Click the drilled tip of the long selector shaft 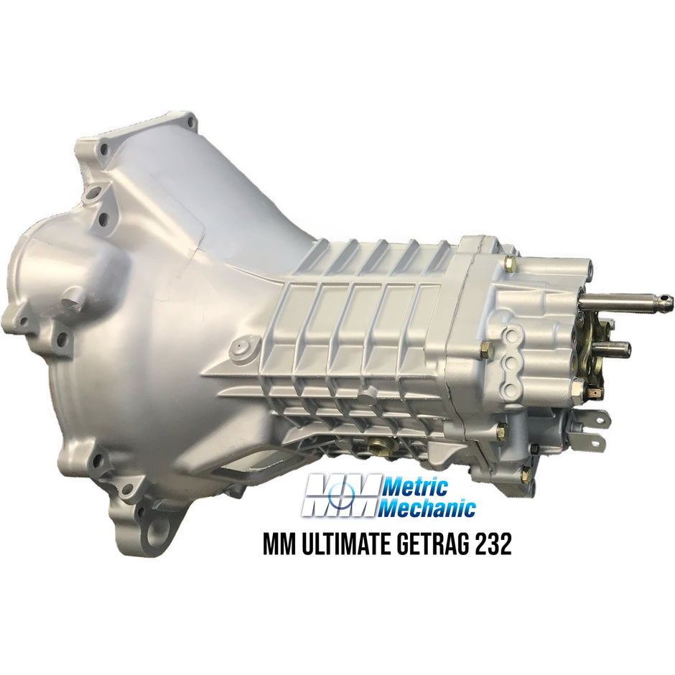[666, 300]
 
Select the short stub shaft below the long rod [616, 349]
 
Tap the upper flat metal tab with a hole [600, 418]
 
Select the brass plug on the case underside [374, 448]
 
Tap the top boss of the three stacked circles [512, 333]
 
